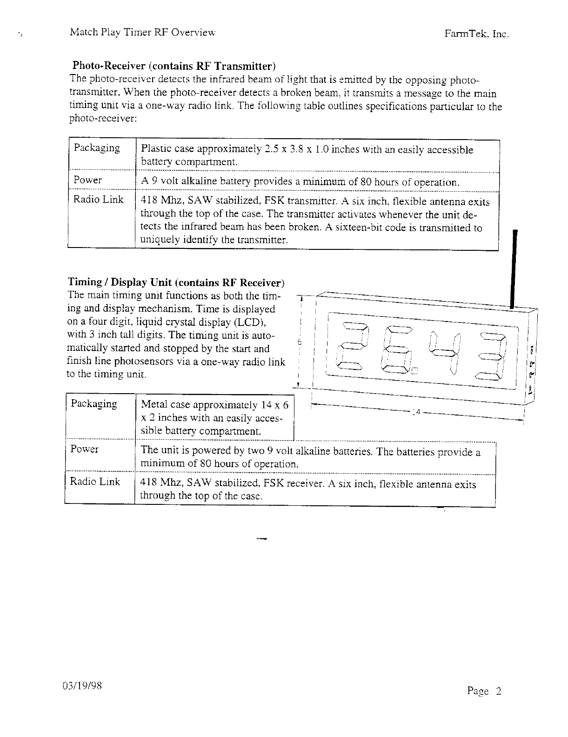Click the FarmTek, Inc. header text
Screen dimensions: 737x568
click(477, 34)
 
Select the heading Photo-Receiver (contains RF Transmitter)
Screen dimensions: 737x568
click(174, 65)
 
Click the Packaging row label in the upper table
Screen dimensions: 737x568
click(96, 148)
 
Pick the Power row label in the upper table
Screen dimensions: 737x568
click(87, 180)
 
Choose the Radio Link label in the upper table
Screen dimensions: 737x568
click(99, 200)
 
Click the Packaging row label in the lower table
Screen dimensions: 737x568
click(94, 403)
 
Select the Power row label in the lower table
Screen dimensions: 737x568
click(84, 449)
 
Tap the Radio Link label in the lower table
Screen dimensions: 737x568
click(95, 482)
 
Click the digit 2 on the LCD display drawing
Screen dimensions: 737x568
click(354, 347)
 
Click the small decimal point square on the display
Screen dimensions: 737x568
click(414, 371)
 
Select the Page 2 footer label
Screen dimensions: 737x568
click(484, 691)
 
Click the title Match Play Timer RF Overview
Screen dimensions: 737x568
click(143, 33)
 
